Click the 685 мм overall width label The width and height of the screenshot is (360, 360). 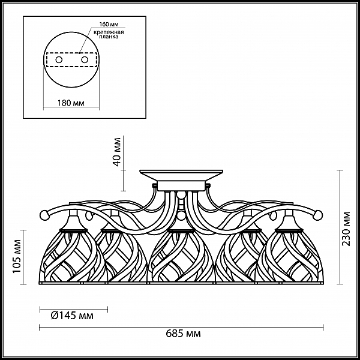(183, 334)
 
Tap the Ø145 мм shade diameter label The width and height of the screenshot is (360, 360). (72, 316)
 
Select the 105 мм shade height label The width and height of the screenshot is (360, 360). (17, 256)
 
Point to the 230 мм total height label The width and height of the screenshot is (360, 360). (346, 229)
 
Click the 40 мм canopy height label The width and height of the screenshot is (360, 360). (117, 152)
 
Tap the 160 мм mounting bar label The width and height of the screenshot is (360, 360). (109, 25)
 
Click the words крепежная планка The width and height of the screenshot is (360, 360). (109, 34)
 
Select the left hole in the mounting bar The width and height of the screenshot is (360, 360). (59, 60)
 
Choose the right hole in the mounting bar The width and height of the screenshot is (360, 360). (85, 60)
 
